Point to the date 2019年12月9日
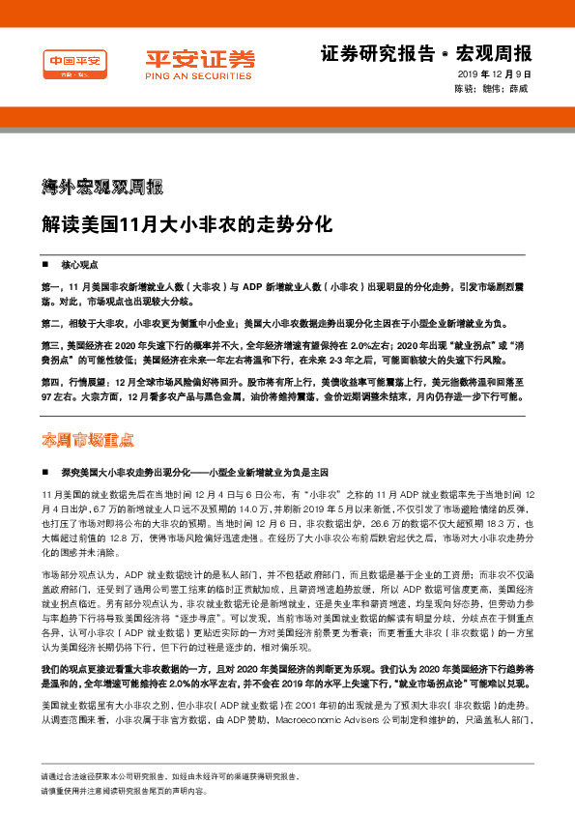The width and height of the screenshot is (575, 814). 495,74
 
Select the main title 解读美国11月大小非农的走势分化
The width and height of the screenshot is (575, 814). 187,225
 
